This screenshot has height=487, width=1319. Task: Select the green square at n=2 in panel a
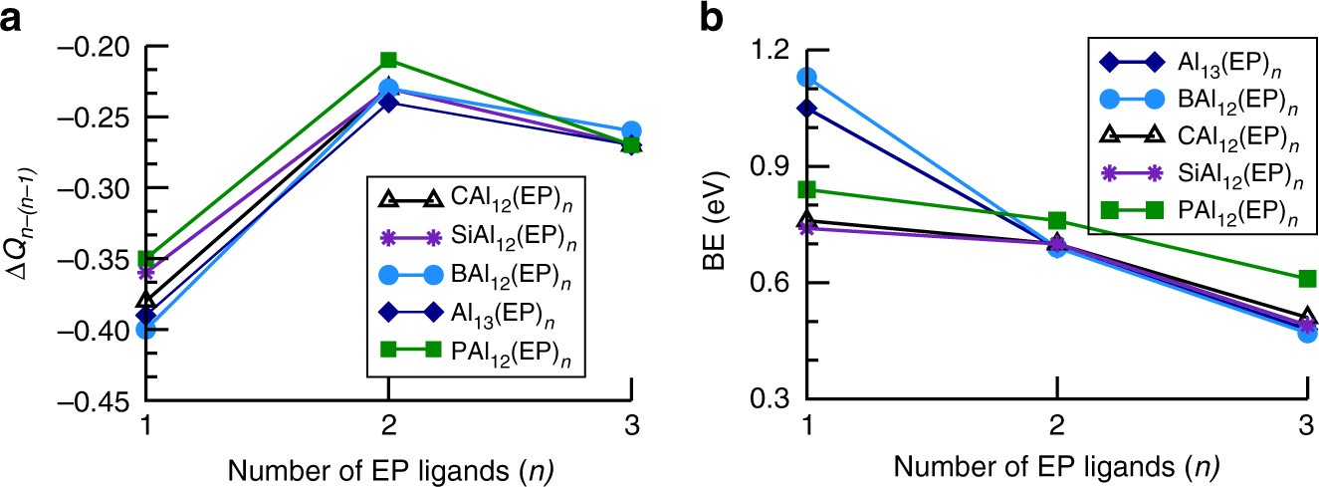(389, 60)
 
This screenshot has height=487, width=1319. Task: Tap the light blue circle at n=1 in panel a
(146, 330)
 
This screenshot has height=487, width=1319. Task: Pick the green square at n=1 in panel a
(146, 259)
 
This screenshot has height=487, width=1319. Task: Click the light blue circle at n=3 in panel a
(631, 130)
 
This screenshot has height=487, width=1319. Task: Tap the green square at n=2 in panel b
(1057, 220)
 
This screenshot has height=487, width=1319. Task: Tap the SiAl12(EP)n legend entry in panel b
(1195, 172)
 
